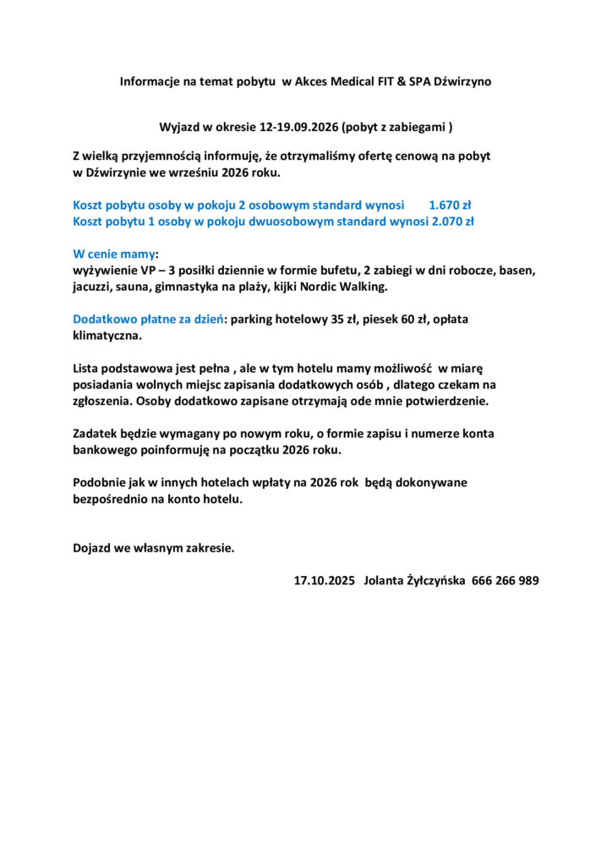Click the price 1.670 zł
point(450,205)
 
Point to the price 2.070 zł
point(452,222)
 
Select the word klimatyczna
point(107,336)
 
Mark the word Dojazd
point(93,547)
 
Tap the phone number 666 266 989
point(505,581)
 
